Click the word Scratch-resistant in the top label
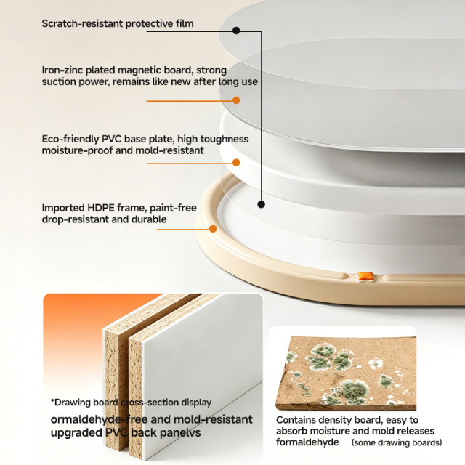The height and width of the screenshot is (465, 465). (82, 23)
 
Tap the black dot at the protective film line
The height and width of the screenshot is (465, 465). (236, 31)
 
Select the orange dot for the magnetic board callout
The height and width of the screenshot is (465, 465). (236, 100)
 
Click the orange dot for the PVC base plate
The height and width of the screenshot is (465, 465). (236, 163)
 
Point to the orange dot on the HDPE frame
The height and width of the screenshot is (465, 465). (213, 229)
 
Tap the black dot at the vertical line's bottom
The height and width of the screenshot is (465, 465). (261, 204)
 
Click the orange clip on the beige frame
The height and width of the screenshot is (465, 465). (365, 276)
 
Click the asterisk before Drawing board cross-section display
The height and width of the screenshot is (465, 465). (52, 401)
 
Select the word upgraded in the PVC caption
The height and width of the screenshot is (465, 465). (76, 433)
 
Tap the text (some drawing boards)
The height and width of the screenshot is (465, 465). (397, 442)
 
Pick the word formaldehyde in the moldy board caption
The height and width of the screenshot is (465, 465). (307, 442)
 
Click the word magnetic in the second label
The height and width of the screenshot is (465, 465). (138, 70)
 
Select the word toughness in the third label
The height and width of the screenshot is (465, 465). (225, 139)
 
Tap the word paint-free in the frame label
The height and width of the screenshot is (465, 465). (173, 208)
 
